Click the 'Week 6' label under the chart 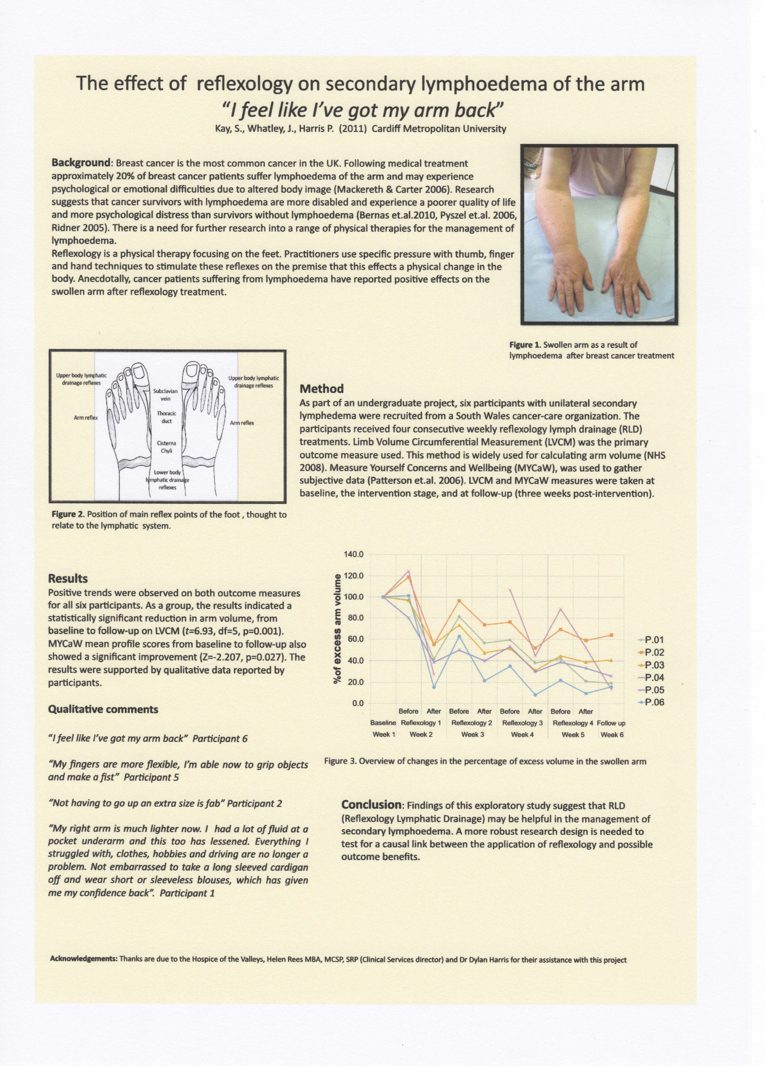[612, 734]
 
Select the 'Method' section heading [321, 389]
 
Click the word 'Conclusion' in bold [371, 804]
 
